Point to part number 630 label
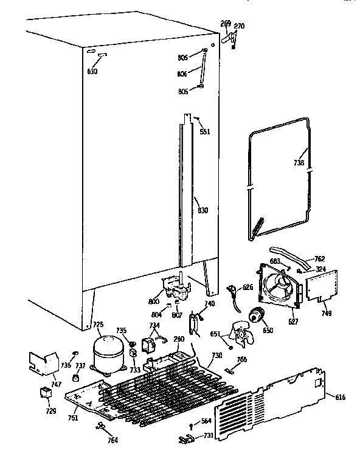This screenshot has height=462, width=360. pos(92,71)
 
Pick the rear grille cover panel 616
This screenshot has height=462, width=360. pos(271,399)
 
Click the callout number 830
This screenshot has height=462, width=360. pos(202,210)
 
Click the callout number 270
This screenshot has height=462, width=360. pos(239,26)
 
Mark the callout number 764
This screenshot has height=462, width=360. pos(112,440)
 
